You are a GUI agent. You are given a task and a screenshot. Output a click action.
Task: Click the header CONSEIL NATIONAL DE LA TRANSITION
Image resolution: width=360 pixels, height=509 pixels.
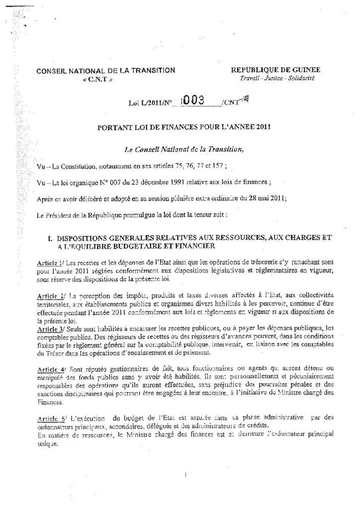tap(106, 71)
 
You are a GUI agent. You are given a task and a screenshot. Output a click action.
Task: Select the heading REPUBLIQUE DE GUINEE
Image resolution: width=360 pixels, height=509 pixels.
tap(279, 70)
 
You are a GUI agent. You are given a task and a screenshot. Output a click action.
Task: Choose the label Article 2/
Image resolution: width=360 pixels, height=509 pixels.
tap(51, 296)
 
